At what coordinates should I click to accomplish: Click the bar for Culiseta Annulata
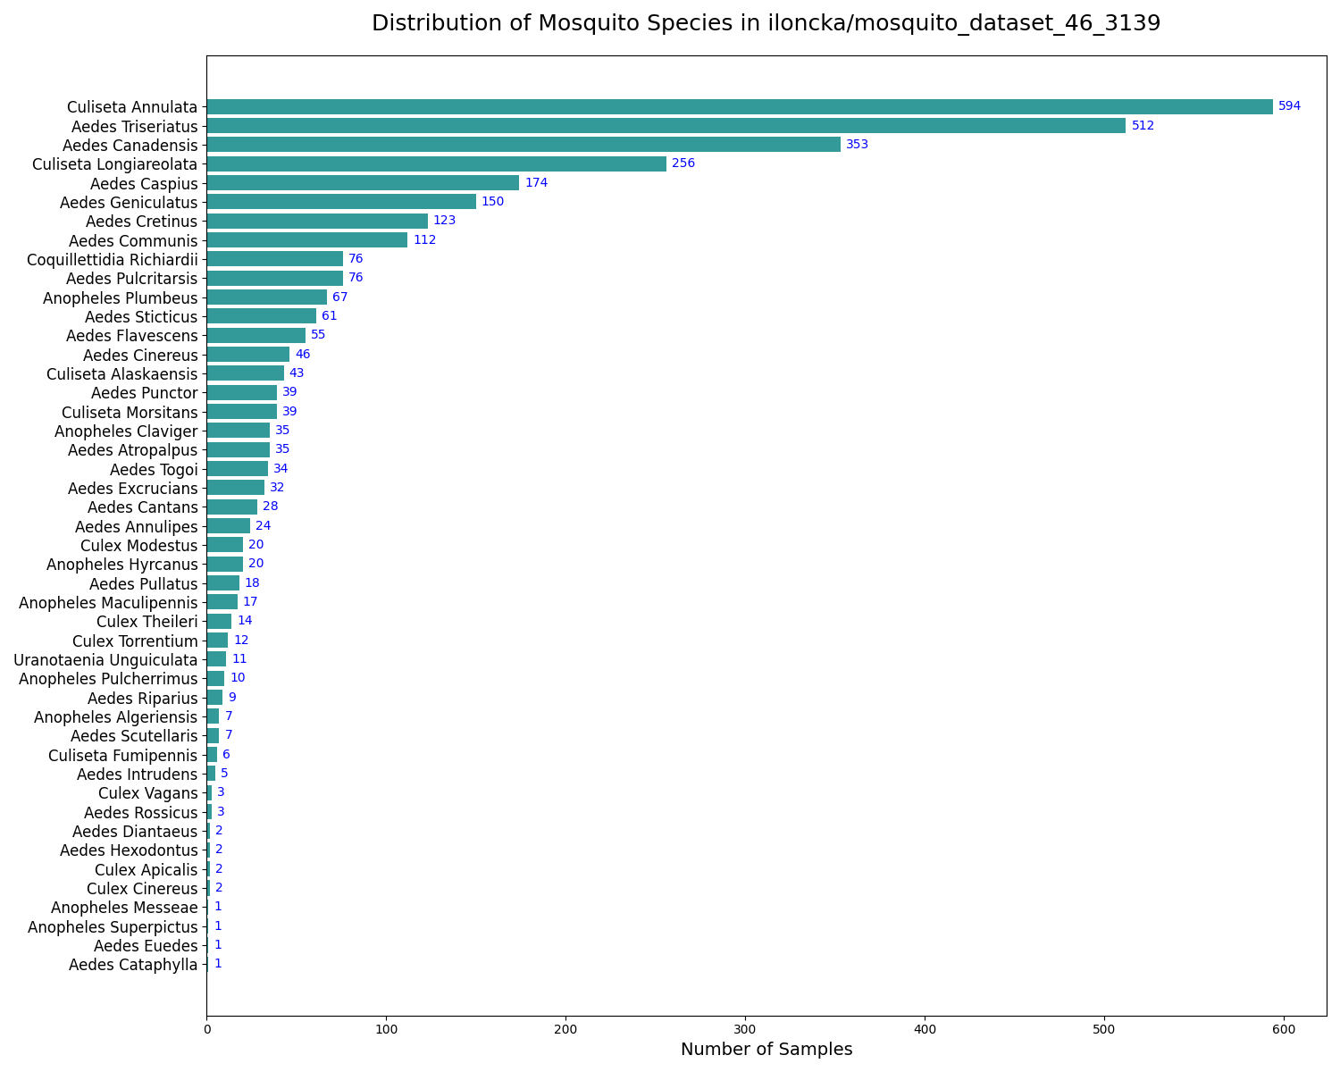[739, 107]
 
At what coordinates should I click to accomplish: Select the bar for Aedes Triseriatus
[666, 126]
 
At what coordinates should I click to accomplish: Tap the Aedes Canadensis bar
[523, 145]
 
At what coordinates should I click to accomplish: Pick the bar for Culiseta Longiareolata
[436, 163]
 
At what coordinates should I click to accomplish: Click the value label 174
[536, 183]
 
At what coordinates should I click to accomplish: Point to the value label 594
[1289, 106]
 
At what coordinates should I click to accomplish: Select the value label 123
[445, 221]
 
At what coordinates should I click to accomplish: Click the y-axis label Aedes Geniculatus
[129, 203]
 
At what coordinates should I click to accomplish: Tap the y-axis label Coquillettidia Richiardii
[113, 260]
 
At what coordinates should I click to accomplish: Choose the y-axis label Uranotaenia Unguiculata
[105, 660]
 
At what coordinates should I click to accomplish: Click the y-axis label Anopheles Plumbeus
[121, 297]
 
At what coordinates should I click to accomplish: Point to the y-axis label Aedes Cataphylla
[133, 965]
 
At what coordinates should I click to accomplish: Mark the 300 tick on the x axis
[745, 1030]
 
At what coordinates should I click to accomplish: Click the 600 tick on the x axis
[1284, 1030]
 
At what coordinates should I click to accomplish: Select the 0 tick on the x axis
[206, 1030]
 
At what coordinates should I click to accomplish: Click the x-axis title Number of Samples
[766, 1050]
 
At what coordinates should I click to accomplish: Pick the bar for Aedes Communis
[306, 240]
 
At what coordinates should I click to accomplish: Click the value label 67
[339, 297]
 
